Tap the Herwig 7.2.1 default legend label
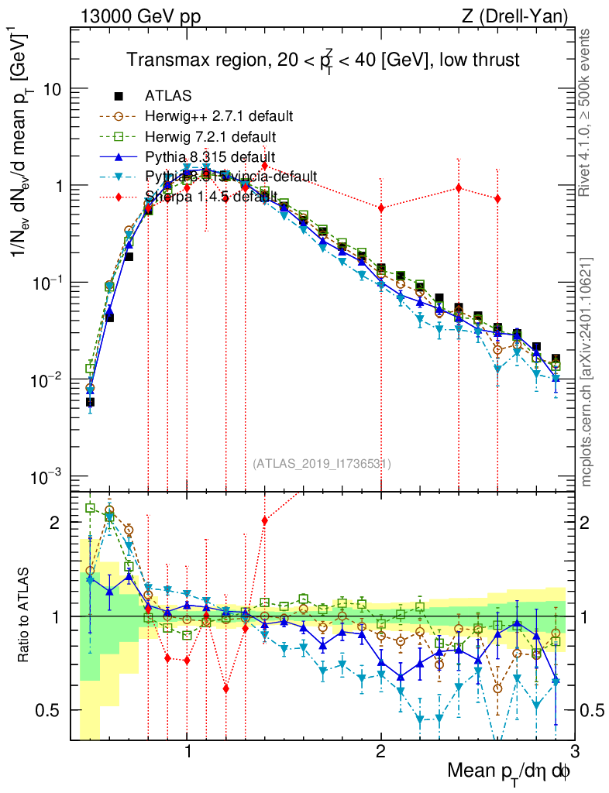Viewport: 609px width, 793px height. pyautogui.click(x=211, y=136)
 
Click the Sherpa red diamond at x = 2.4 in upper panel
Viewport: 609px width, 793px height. pyautogui.click(x=459, y=188)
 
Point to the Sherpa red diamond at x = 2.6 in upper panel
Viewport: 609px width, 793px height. pyautogui.click(x=497, y=199)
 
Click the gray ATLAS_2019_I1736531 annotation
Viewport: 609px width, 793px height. pyautogui.click(x=322, y=464)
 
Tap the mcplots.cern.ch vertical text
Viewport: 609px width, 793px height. pyautogui.click(x=588, y=372)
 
